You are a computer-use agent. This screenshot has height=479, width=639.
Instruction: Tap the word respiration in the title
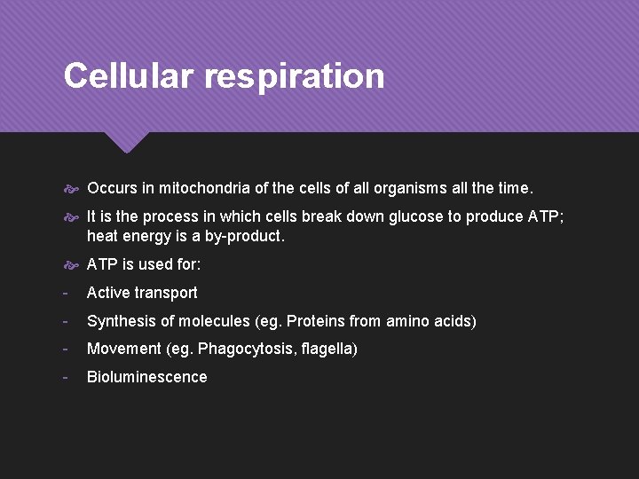point(296,77)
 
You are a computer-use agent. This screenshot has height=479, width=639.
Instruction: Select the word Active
point(109,293)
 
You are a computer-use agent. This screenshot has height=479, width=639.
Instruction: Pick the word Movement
point(123,349)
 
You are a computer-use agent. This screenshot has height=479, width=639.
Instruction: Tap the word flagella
point(329,349)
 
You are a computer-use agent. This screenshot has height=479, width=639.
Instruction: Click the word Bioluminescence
point(146,377)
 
